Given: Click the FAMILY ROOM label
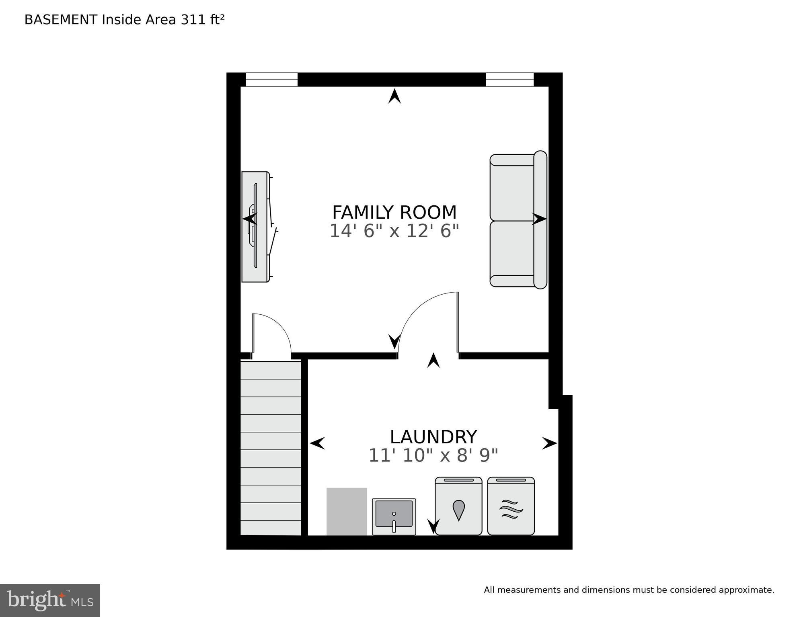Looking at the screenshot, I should (x=394, y=212).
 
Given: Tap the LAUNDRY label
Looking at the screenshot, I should (x=433, y=437).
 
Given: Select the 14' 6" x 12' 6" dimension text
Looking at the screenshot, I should (x=394, y=231).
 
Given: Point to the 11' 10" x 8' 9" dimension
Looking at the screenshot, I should (x=433, y=455).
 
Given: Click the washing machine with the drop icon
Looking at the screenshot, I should (x=458, y=506).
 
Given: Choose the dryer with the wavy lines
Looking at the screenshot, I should (x=511, y=506).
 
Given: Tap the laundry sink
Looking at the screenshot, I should (x=394, y=517).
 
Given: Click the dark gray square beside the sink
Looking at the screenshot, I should (x=347, y=512).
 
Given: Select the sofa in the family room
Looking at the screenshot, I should (x=518, y=220).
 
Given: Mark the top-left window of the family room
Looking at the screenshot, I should (x=271, y=80).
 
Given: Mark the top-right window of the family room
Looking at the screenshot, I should (x=509, y=80).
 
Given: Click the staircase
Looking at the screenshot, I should (x=271, y=448).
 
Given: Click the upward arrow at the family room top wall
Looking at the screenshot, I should (x=394, y=96).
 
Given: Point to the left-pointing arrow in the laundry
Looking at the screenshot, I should (x=317, y=443).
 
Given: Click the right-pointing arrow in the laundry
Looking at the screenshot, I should (x=549, y=443).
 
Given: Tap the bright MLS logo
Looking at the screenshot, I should (x=50, y=601).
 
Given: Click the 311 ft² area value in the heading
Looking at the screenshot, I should (x=202, y=20).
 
